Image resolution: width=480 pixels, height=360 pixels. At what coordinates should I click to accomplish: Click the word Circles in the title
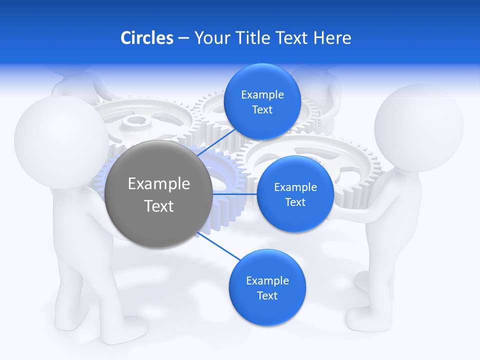tap(146, 38)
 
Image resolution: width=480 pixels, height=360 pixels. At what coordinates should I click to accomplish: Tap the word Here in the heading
tap(332, 38)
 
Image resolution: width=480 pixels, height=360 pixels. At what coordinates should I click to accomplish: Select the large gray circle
tap(159, 194)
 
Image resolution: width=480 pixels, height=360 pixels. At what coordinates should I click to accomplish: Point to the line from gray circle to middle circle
tap(235, 193)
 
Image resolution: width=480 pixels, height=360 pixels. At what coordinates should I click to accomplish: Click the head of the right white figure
tap(419, 121)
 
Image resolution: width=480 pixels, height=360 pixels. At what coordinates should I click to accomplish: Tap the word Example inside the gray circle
tap(159, 183)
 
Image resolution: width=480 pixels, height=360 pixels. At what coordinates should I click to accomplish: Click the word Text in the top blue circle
tap(262, 110)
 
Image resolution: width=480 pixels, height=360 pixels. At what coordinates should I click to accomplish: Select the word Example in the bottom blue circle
tap(267, 280)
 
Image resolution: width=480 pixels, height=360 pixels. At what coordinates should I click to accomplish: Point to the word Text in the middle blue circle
tap(295, 202)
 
